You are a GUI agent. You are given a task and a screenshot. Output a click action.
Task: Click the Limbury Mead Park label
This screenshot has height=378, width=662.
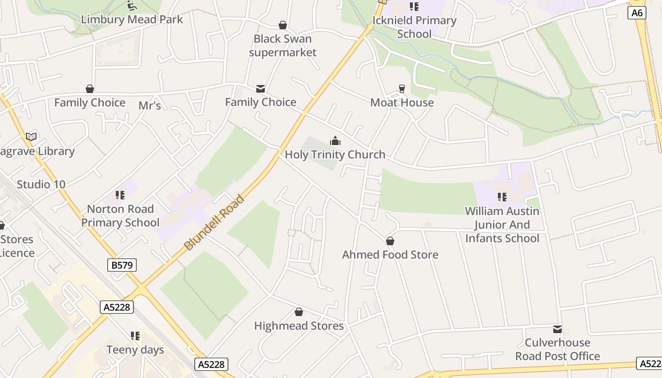[132, 19]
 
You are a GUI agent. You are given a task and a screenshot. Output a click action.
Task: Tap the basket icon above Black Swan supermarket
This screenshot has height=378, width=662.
[283, 25]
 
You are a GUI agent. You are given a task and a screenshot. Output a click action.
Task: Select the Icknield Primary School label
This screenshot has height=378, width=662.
[414, 27]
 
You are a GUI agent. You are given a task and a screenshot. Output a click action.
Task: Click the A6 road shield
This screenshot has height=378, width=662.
[637, 13]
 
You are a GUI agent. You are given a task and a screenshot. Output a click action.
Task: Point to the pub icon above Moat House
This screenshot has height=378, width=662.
[402, 88]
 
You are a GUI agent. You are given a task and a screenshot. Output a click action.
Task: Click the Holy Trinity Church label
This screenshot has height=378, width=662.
[335, 155]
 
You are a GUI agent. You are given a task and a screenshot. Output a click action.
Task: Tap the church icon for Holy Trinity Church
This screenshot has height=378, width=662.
[335, 141]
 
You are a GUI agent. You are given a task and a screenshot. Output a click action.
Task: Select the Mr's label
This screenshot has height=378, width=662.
[150, 106]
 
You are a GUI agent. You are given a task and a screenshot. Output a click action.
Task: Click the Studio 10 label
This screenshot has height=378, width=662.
[41, 184]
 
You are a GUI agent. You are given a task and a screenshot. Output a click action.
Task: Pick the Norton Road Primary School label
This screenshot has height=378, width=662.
[120, 215]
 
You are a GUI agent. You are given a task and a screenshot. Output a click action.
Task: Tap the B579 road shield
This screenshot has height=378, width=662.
[122, 265]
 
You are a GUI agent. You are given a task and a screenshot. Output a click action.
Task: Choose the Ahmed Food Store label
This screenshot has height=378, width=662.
[390, 255]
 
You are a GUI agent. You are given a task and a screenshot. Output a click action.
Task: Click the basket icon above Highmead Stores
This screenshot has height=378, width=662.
[299, 312]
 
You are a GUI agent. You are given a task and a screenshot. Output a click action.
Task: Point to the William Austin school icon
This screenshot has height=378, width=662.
[502, 197]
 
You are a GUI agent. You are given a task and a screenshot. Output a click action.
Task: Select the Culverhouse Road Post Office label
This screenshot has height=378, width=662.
[557, 349]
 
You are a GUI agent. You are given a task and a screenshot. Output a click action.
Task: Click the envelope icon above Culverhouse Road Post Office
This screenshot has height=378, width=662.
[557, 329]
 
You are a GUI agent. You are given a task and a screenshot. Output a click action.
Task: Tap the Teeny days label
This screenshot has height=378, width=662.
[135, 350]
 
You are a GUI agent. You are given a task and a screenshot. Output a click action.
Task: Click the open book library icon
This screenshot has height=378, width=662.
[31, 137]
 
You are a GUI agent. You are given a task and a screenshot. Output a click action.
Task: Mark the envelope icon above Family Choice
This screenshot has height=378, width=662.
[260, 88]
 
